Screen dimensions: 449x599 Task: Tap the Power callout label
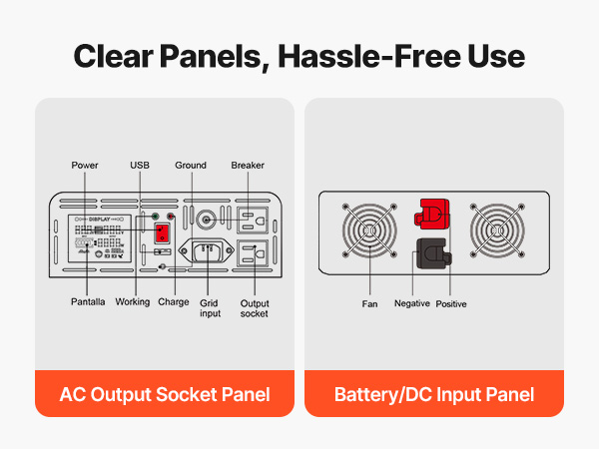(85, 165)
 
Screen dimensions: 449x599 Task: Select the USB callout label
(140, 165)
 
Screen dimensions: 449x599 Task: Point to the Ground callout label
(191, 165)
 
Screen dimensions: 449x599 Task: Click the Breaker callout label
(248, 165)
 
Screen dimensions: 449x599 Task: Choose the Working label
(133, 301)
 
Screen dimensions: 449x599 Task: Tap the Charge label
(173, 301)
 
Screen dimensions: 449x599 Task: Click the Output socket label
(255, 307)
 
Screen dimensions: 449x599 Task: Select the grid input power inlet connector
(212, 252)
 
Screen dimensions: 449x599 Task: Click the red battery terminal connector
(433, 212)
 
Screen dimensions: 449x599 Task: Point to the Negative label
(411, 303)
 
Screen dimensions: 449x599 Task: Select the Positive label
(451, 303)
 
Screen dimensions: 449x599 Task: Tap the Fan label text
(370, 303)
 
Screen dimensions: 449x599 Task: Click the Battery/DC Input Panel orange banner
(434, 394)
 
